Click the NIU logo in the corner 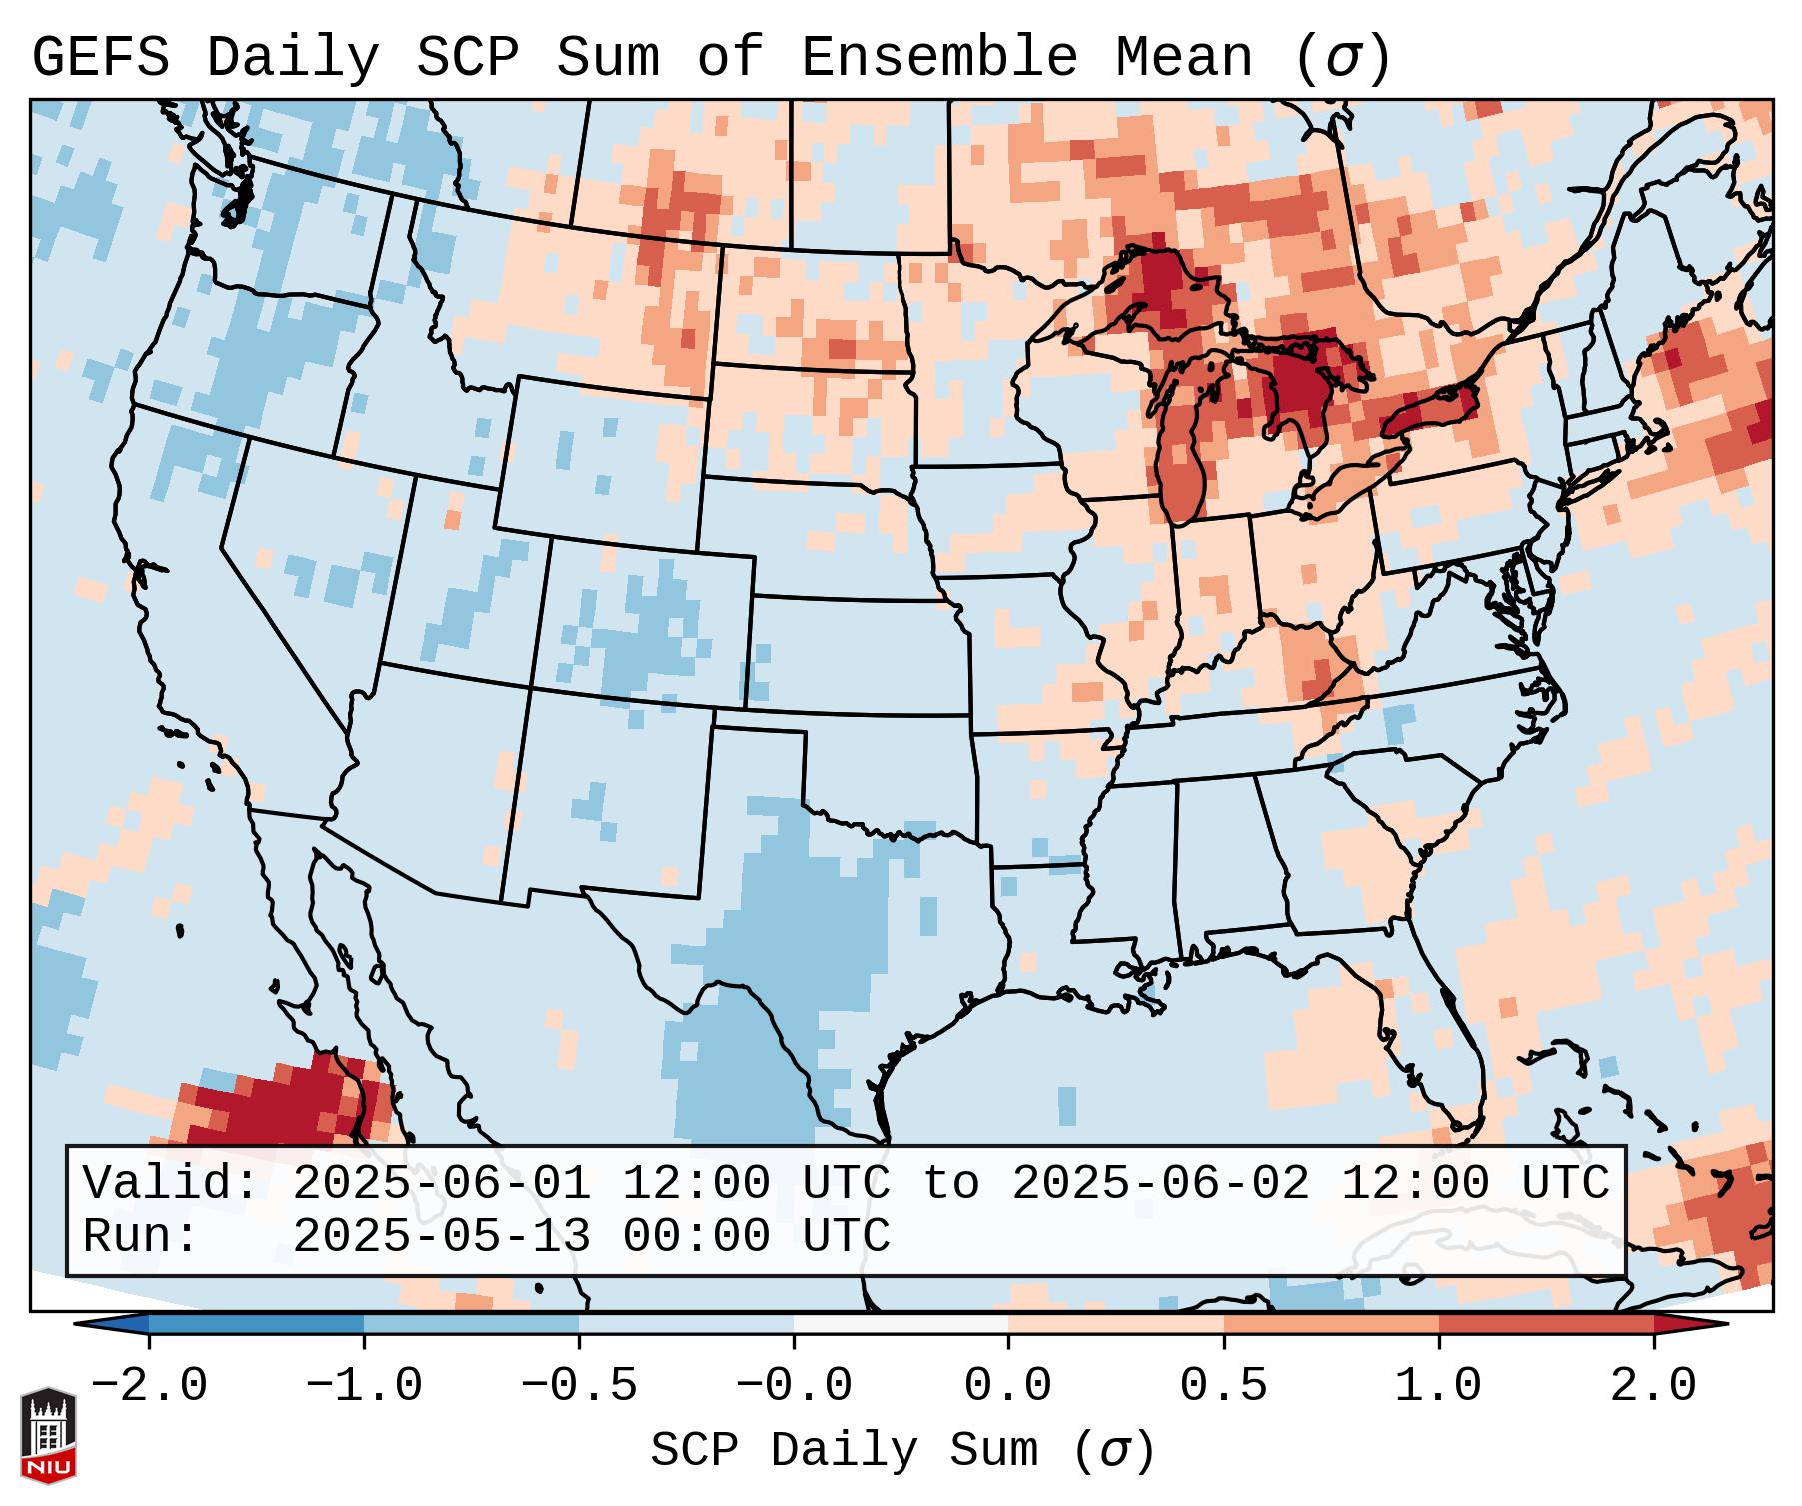pyautogui.click(x=48, y=1435)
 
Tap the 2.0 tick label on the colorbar pyautogui.click(x=1653, y=1386)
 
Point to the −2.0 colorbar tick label pyautogui.click(x=149, y=1386)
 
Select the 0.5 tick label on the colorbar pyautogui.click(x=1223, y=1386)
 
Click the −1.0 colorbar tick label pyautogui.click(x=364, y=1386)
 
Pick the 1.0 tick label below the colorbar pyautogui.click(x=1438, y=1386)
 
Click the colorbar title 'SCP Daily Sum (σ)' pyautogui.click(x=902, y=1451)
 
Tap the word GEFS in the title pyautogui.click(x=100, y=57)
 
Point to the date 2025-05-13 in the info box pyautogui.click(x=441, y=1236)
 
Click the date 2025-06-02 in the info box pyautogui.click(x=1160, y=1183)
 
